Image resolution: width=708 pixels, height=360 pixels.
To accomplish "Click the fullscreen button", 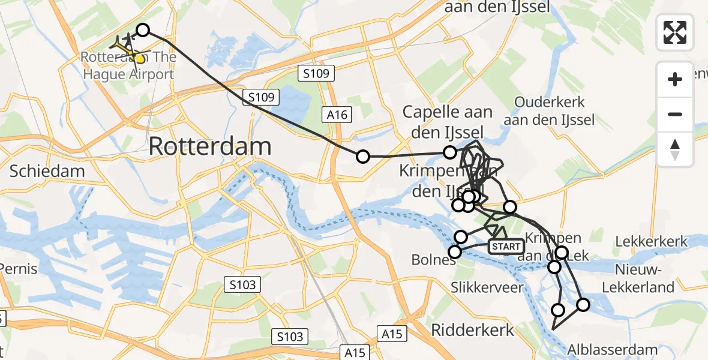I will click(x=675, y=32).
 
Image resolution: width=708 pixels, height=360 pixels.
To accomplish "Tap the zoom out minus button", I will click(x=675, y=114).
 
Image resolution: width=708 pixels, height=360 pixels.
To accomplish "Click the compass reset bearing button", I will click(x=675, y=149).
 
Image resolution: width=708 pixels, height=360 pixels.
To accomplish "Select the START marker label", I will click(x=506, y=247).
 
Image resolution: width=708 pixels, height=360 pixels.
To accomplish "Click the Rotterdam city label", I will click(x=209, y=146).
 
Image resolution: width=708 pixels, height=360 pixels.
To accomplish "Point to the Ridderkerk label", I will click(x=473, y=329).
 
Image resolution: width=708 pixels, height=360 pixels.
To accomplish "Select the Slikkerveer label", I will click(x=487, y=287).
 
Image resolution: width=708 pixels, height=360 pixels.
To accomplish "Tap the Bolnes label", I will click(x=434, y=260).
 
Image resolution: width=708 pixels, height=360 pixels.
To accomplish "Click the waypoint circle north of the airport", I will click(x=143, y=30).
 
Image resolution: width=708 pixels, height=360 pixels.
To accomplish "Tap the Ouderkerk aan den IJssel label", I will click(x=549, y=111).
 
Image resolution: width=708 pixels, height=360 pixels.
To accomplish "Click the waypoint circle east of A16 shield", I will click(x=363, y=157).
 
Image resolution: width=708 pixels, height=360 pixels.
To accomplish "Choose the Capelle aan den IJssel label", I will click(x=448, y=121).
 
